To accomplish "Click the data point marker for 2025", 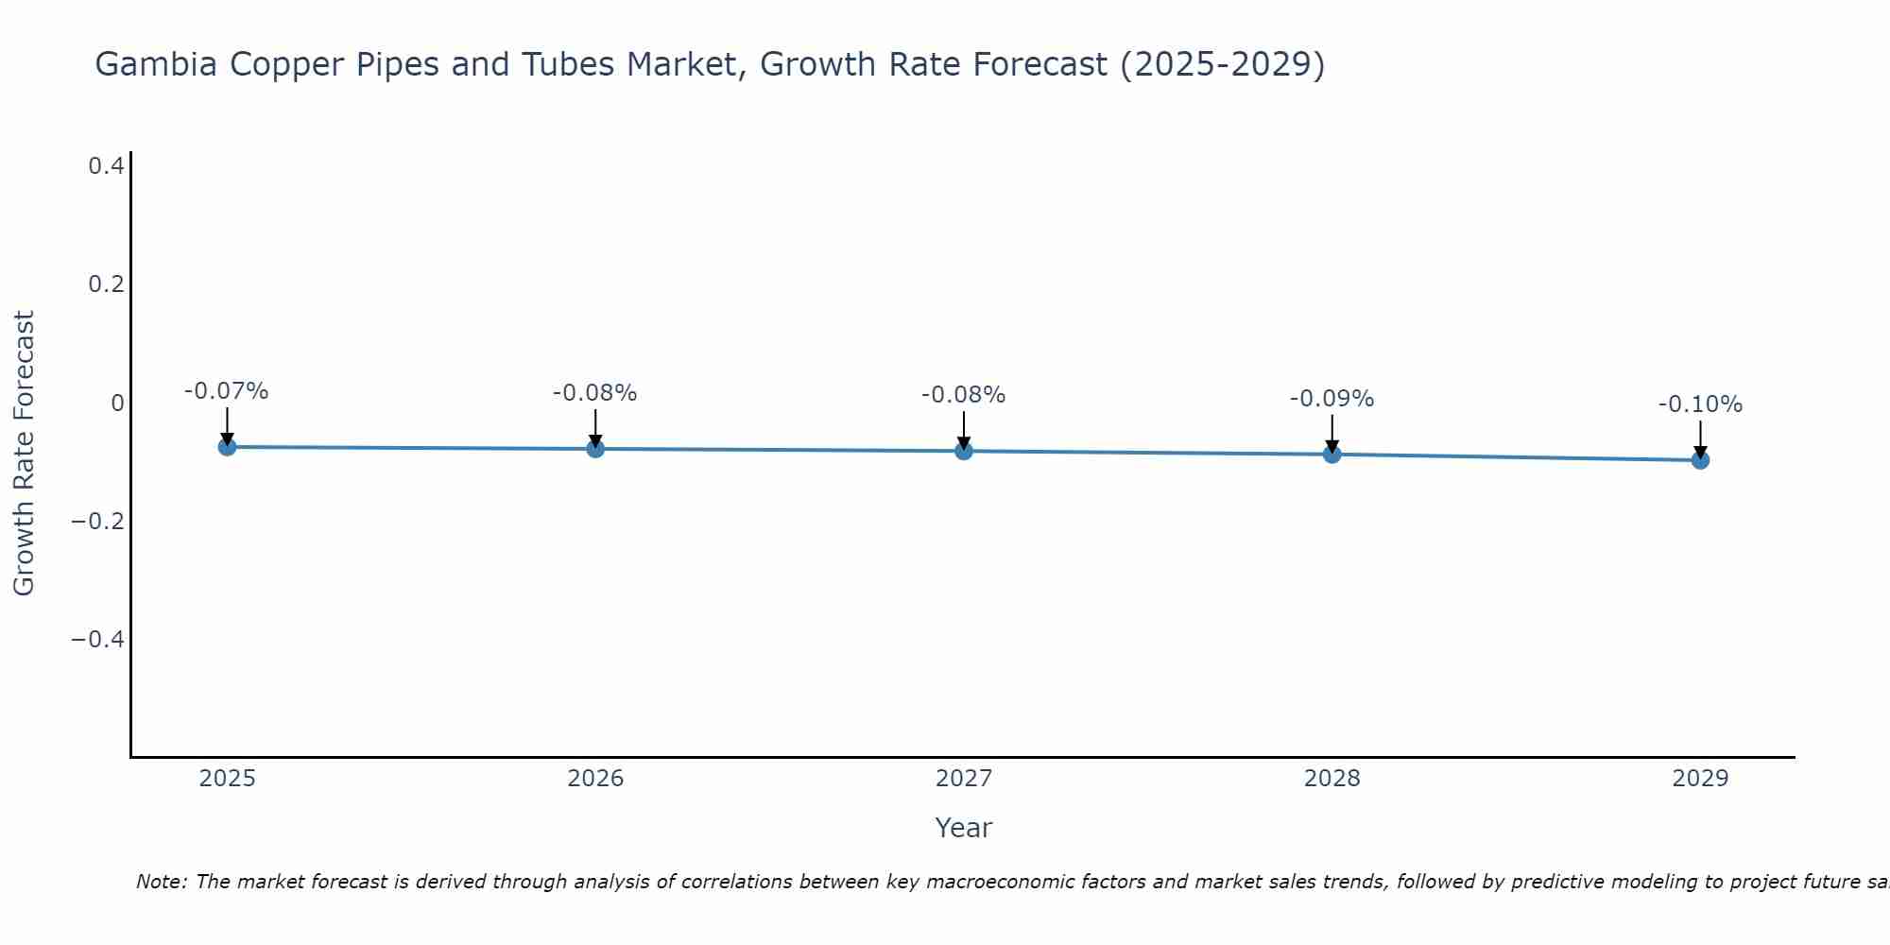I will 227,447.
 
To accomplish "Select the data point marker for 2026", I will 595,449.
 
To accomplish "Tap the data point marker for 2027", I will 964,452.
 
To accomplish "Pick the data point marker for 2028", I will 1332,455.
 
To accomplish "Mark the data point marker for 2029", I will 1700,460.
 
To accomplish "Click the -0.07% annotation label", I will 227,391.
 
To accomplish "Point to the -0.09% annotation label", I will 1332,399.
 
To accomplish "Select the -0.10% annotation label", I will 1700,404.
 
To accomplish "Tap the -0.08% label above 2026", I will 595,393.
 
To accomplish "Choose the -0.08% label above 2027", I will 964,395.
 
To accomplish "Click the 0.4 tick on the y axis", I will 106,166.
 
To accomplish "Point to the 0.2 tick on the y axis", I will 106,284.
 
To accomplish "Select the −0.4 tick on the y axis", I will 97,640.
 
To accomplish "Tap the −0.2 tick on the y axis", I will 97,522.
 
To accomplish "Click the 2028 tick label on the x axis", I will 1332,779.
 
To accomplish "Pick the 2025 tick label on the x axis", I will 227,779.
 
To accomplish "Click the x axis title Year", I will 964,828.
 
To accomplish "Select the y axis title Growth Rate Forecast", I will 24,454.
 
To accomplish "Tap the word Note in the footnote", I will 160,882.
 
